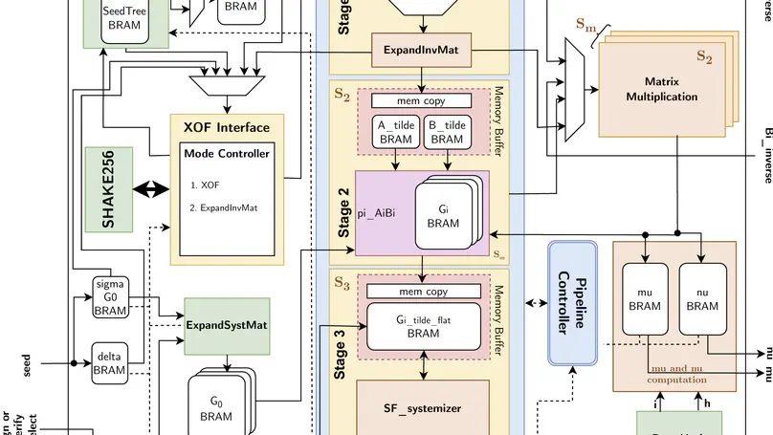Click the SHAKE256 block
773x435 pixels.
pos(106,189)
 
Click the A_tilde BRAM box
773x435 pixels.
pos(395,131)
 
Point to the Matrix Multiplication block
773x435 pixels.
pos(662,89)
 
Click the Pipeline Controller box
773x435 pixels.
pos(571,303)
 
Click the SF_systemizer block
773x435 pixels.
pos(422,408)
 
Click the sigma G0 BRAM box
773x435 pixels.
pos(111,295)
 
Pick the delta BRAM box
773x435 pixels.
pos(110,362)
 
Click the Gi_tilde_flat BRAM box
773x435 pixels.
pos(422,327)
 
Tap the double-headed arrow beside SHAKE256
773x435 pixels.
pos(148,190)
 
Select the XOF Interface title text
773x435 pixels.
pos(227,127)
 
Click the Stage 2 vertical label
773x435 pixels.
pos(344,208)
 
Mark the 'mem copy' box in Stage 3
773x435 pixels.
pos(422,292)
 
